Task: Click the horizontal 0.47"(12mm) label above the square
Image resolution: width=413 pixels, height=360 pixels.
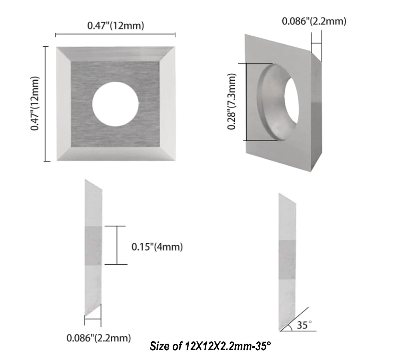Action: pos(115,26)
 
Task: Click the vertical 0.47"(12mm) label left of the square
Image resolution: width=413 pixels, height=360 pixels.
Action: pos(35,104)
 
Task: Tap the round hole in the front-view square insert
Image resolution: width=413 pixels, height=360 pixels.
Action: pos(115,104)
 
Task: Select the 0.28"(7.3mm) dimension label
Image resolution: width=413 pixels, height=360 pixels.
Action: pos(232,102)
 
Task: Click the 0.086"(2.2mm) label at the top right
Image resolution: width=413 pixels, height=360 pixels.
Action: pos(314,21)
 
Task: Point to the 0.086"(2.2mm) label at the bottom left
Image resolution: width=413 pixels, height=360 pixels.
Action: pos(99,338)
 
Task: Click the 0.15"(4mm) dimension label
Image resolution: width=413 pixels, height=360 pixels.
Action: pos(157,246)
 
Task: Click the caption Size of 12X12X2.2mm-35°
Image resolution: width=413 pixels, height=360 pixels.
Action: pos(210,347)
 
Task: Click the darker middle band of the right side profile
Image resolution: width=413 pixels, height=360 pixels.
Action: pos(287,259)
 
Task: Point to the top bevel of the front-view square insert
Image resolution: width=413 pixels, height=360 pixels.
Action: pos(115,53)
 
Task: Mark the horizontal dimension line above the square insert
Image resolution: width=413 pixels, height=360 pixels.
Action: pos(115,35)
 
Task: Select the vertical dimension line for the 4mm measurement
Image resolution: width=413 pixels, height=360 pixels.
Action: pos(117,245)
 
